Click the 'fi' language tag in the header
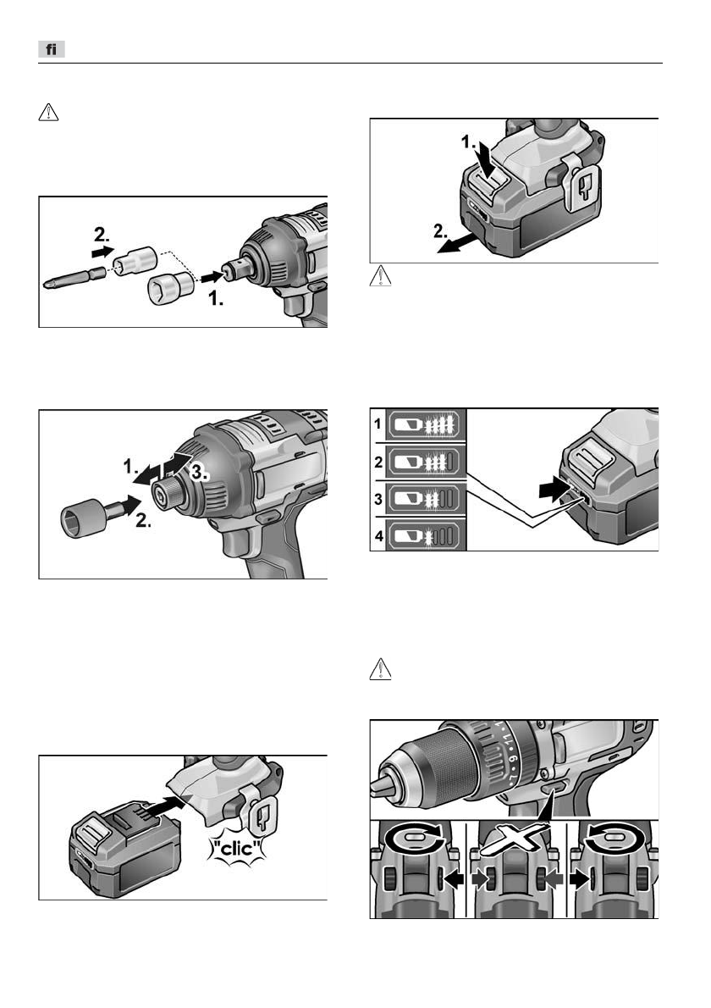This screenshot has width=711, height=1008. (x=52, y=49)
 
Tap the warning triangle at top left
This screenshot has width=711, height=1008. (x=49, y=113)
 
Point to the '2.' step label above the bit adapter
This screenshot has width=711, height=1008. (x=102, y=233)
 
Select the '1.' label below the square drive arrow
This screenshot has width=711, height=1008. (x=217, y=299)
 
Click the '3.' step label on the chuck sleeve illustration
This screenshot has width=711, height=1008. (x=199, y=473)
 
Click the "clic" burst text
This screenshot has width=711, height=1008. (x=237, y=848)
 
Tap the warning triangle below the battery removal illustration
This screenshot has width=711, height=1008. (x=380, y=276)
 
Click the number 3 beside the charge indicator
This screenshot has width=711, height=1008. (x=378, y=498)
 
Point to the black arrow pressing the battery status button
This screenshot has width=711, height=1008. (x=555, y=490)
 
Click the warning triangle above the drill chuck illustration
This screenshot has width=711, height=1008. (x=380, y=669)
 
